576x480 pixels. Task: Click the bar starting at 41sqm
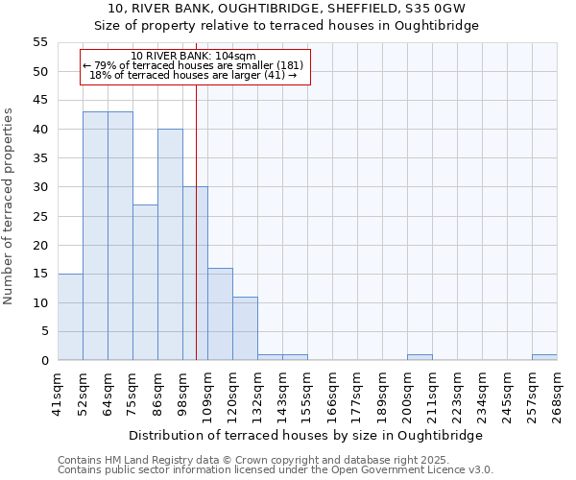click(x=70, y=317)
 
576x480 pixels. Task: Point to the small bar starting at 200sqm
click(x=420, y=357)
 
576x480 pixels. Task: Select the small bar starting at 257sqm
click(x=544, y=357)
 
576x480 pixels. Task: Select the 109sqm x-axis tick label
click(x=208, y=393)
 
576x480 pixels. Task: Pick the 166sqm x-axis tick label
click(x=333, y=393)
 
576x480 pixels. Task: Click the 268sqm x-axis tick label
click(x=558, y=393)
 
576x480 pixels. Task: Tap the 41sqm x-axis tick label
click(x=59, y=391)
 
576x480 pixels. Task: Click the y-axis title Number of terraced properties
click(x=10, y=205)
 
